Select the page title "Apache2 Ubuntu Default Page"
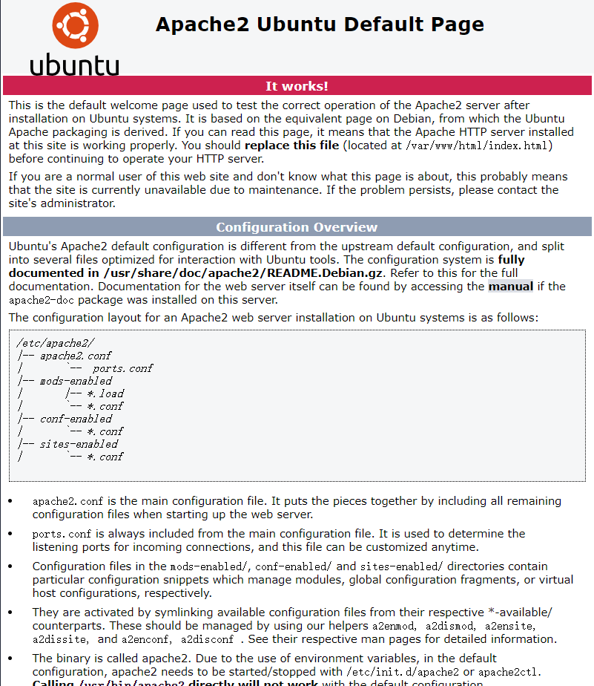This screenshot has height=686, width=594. (x=320, y=24)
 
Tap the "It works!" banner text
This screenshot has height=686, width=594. (x=297, y=86)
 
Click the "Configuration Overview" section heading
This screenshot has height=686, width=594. (x=297, y=227)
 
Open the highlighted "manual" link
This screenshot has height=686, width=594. (x=510, y=287)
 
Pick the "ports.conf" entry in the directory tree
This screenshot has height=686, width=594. (x=123, y=368)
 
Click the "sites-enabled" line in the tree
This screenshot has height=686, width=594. (x=79, y=444)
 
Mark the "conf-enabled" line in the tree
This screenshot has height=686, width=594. (x=76, y=419)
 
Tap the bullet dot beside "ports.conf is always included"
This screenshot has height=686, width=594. (x=10, y=534)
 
